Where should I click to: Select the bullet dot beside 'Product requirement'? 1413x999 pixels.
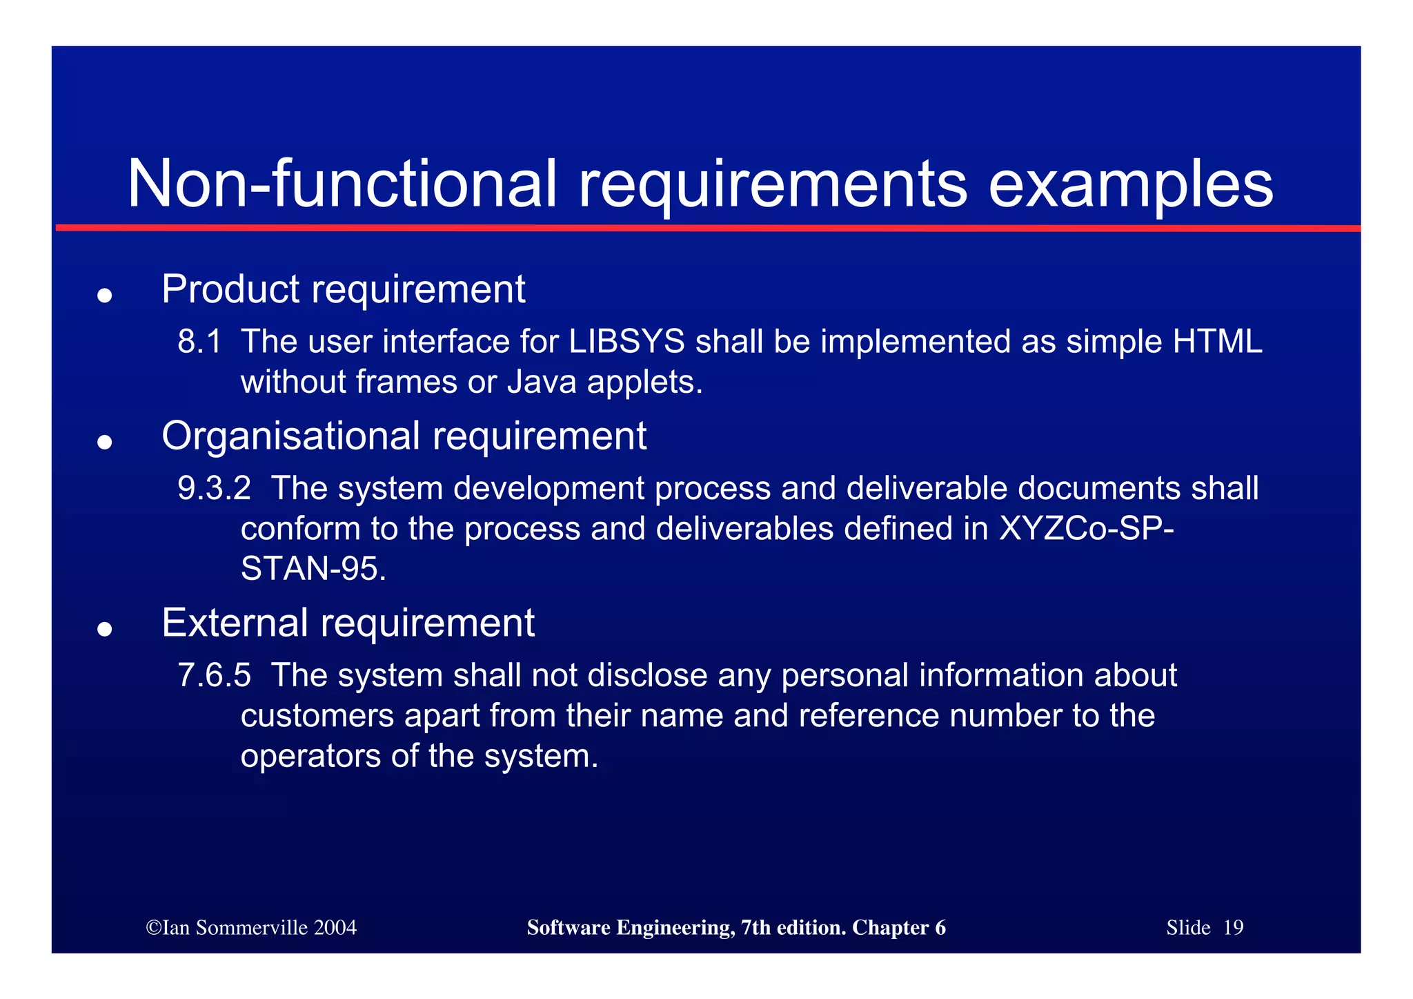coord(104,295)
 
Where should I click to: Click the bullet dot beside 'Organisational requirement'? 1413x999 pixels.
coord(104,442)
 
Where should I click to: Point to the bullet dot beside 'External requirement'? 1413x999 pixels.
coord(104,629)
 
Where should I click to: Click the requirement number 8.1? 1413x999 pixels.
coord(199,342)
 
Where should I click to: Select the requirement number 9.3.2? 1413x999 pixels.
coord(214,488)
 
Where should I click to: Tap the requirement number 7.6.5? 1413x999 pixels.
coord(214,675)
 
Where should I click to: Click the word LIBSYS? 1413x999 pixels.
coord(626,342)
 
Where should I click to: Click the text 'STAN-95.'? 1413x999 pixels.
coord(313,569)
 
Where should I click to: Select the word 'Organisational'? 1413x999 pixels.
coord(290,437)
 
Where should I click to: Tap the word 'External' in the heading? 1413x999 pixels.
coord(235,623)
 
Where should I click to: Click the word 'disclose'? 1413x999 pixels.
coord(647,675)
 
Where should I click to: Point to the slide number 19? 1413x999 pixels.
coord(1233,927)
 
